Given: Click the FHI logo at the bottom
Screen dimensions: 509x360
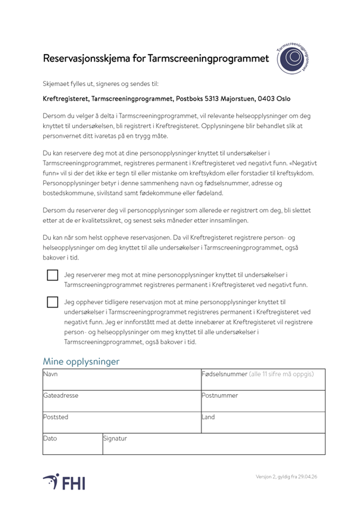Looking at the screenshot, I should pyautogui.click(x=64, y=482).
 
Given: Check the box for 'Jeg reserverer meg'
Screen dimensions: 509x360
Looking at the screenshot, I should pyautogui.click(x=53, y=275).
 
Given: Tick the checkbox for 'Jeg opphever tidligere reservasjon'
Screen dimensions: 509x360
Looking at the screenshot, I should pyautogui.click(x=53, y=302).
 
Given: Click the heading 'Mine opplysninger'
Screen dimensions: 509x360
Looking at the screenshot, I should pyautogui.click(x=81, y=361).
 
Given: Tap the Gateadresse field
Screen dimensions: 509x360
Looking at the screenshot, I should pyautogui.click(x=121, y=403).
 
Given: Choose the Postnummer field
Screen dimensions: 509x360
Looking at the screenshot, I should pyautogui.click(x=263, y=403).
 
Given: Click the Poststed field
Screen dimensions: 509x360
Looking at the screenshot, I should pyautogui.click(x=121, y=425).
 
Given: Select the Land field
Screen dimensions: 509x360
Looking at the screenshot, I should pyautogui.click(x=263, y=425).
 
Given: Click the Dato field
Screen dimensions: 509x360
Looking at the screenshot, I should pyautogui.click(x=72, y=446).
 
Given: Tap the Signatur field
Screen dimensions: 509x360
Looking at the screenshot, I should pyautogui.click(x=214, y=446).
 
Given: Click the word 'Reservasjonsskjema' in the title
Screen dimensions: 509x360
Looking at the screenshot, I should pyautogui.click(x=83, y=59).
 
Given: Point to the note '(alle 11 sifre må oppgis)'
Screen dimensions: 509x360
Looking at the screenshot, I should pyautogui.click(x=281, y=374).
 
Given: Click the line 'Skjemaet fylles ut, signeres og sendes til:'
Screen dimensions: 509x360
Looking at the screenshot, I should pyautogui.click(x=100, y=84).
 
